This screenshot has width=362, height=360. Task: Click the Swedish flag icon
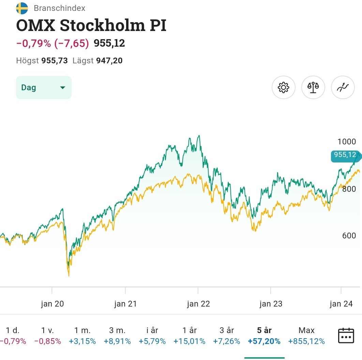[x=22, y=8]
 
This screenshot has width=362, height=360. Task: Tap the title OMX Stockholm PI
[x=91, y=26]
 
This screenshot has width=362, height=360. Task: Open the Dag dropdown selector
[x=44, y=88]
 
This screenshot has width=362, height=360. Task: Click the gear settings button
[x=283, y=88]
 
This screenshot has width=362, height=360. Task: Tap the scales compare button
[x=313, y=88]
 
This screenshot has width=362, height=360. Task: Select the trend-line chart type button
[x=343, y=88]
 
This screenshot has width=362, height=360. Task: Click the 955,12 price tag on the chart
[x=345, y=155]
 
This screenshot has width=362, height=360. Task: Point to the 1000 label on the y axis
[x=346, y=142]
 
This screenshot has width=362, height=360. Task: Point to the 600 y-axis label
[x=349, y=236]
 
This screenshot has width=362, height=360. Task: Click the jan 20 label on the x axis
[x=52, y=304]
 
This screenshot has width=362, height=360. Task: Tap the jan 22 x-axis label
[x=198, y=304]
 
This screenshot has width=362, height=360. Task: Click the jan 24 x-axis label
[x=341, y=304]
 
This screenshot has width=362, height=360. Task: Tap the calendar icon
[x=346, y=336]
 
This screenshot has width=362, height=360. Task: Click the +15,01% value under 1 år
[x=189, y=341]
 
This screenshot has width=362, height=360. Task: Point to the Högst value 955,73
[x=55, y=61]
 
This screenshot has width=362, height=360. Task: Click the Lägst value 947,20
[x=109, y=61]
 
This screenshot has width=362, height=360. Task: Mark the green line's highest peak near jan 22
[x=199, y=136]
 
